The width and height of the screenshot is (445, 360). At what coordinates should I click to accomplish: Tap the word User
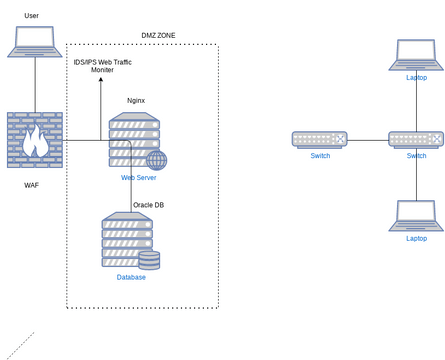[32, 16]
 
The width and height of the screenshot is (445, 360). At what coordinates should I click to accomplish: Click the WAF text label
[32, 185]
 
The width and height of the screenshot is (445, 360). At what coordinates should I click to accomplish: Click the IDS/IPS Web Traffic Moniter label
[103, 66]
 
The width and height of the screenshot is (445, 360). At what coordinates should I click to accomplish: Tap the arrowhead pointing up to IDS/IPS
[100, 80]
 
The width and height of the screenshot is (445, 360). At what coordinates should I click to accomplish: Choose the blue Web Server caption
[138, 177]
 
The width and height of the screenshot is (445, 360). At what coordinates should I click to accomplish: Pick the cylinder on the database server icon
[149, 260]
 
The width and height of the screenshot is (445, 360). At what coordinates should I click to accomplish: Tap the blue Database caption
[130, 277]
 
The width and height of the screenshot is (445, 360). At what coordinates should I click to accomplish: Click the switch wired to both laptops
[416, 140]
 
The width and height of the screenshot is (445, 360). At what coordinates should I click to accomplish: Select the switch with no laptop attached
[320, 140]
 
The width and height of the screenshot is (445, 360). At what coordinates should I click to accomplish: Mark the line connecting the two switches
[368, 140]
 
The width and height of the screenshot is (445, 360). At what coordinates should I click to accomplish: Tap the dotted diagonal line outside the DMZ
[20, 345]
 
